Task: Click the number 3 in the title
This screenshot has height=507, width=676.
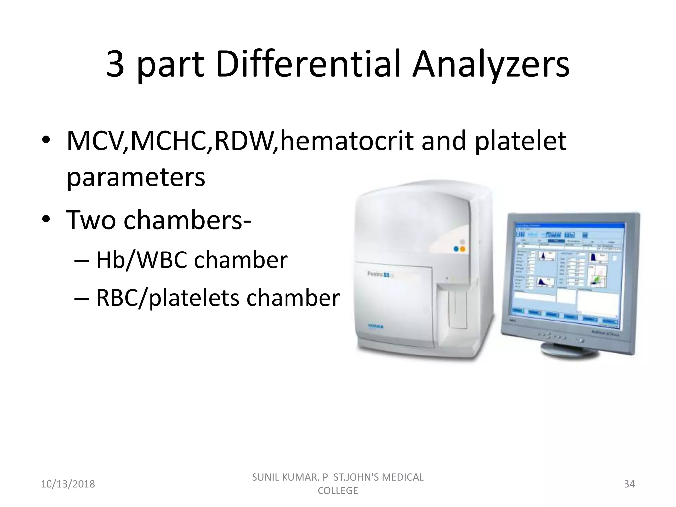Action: tap(116, 65)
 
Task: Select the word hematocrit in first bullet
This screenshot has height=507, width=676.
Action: tap(347, 141)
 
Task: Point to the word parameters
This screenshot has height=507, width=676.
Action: tap(136, 178)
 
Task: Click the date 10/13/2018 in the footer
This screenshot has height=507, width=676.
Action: tap(68, 484)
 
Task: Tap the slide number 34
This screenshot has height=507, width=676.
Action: tap(629, 484)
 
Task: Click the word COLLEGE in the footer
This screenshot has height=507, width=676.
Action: tap(338, 490)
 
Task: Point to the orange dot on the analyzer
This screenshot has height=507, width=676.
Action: tap(462, 249)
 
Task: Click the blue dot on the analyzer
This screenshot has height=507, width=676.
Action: tap(456, 249)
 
